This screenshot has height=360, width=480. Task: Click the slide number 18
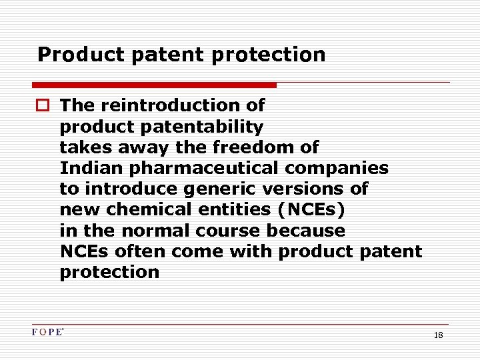(438, 335)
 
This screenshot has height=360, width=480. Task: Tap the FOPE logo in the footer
(48, 331)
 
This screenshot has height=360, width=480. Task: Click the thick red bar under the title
(154, 85)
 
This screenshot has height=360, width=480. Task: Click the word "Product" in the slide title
(71, 55)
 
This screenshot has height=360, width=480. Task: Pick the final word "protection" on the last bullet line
(109, 272)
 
